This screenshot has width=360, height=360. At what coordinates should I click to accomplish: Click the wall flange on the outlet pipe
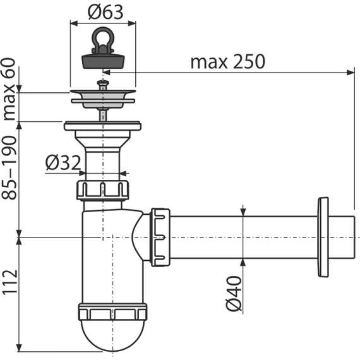(323, 237)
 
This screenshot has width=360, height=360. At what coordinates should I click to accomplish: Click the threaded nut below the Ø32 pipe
(102, 189)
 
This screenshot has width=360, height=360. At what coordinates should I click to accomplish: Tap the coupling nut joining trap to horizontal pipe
(160, 237)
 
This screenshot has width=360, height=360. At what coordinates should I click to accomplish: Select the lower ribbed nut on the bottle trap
(112, 313)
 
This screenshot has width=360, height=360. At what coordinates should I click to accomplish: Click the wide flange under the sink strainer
(102, 126)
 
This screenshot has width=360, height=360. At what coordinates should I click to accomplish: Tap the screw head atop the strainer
(102, 83)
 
